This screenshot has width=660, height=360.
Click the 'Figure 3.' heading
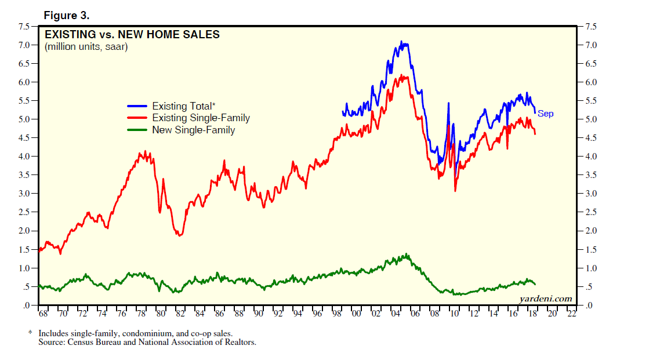pos(66,14)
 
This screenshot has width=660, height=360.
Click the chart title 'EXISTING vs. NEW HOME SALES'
pos(132,35)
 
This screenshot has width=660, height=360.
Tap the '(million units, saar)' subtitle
pos(86,47)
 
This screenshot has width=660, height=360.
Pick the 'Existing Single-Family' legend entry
pos(201,118)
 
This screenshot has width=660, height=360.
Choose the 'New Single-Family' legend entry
pos(193,130)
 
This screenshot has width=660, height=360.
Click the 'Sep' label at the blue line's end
pos(545,114)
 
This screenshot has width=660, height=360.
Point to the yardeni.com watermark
pos(545,299)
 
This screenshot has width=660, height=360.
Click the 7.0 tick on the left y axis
pos(25,45)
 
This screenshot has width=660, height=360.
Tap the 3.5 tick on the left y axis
pos(25,175)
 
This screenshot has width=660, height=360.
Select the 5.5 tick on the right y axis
pos(590,101)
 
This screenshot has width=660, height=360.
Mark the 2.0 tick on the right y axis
pos(590,231)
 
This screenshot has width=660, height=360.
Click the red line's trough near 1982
pos(180,235)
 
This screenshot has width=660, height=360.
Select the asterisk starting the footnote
pos(30,333)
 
